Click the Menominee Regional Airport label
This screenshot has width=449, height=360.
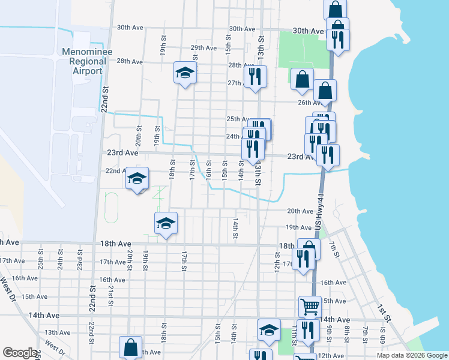point(82,61)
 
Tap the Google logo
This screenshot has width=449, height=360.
point(20,353)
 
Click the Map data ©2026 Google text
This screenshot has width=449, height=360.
point(411,355)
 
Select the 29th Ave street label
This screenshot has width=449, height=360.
point(203,48)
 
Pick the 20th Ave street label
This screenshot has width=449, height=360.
point(300,211)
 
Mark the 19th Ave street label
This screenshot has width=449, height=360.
point(298,227)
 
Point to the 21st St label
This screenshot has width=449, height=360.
point(111,295)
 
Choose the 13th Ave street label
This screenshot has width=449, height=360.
point(58,332)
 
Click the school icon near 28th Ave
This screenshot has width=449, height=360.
point(185,73)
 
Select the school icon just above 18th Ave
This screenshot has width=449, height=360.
point(166,224)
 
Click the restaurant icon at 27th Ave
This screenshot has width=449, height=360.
point(255,77)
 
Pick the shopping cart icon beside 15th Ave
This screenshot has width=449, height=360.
point(310,307)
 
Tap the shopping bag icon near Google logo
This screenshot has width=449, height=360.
point(130,347)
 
